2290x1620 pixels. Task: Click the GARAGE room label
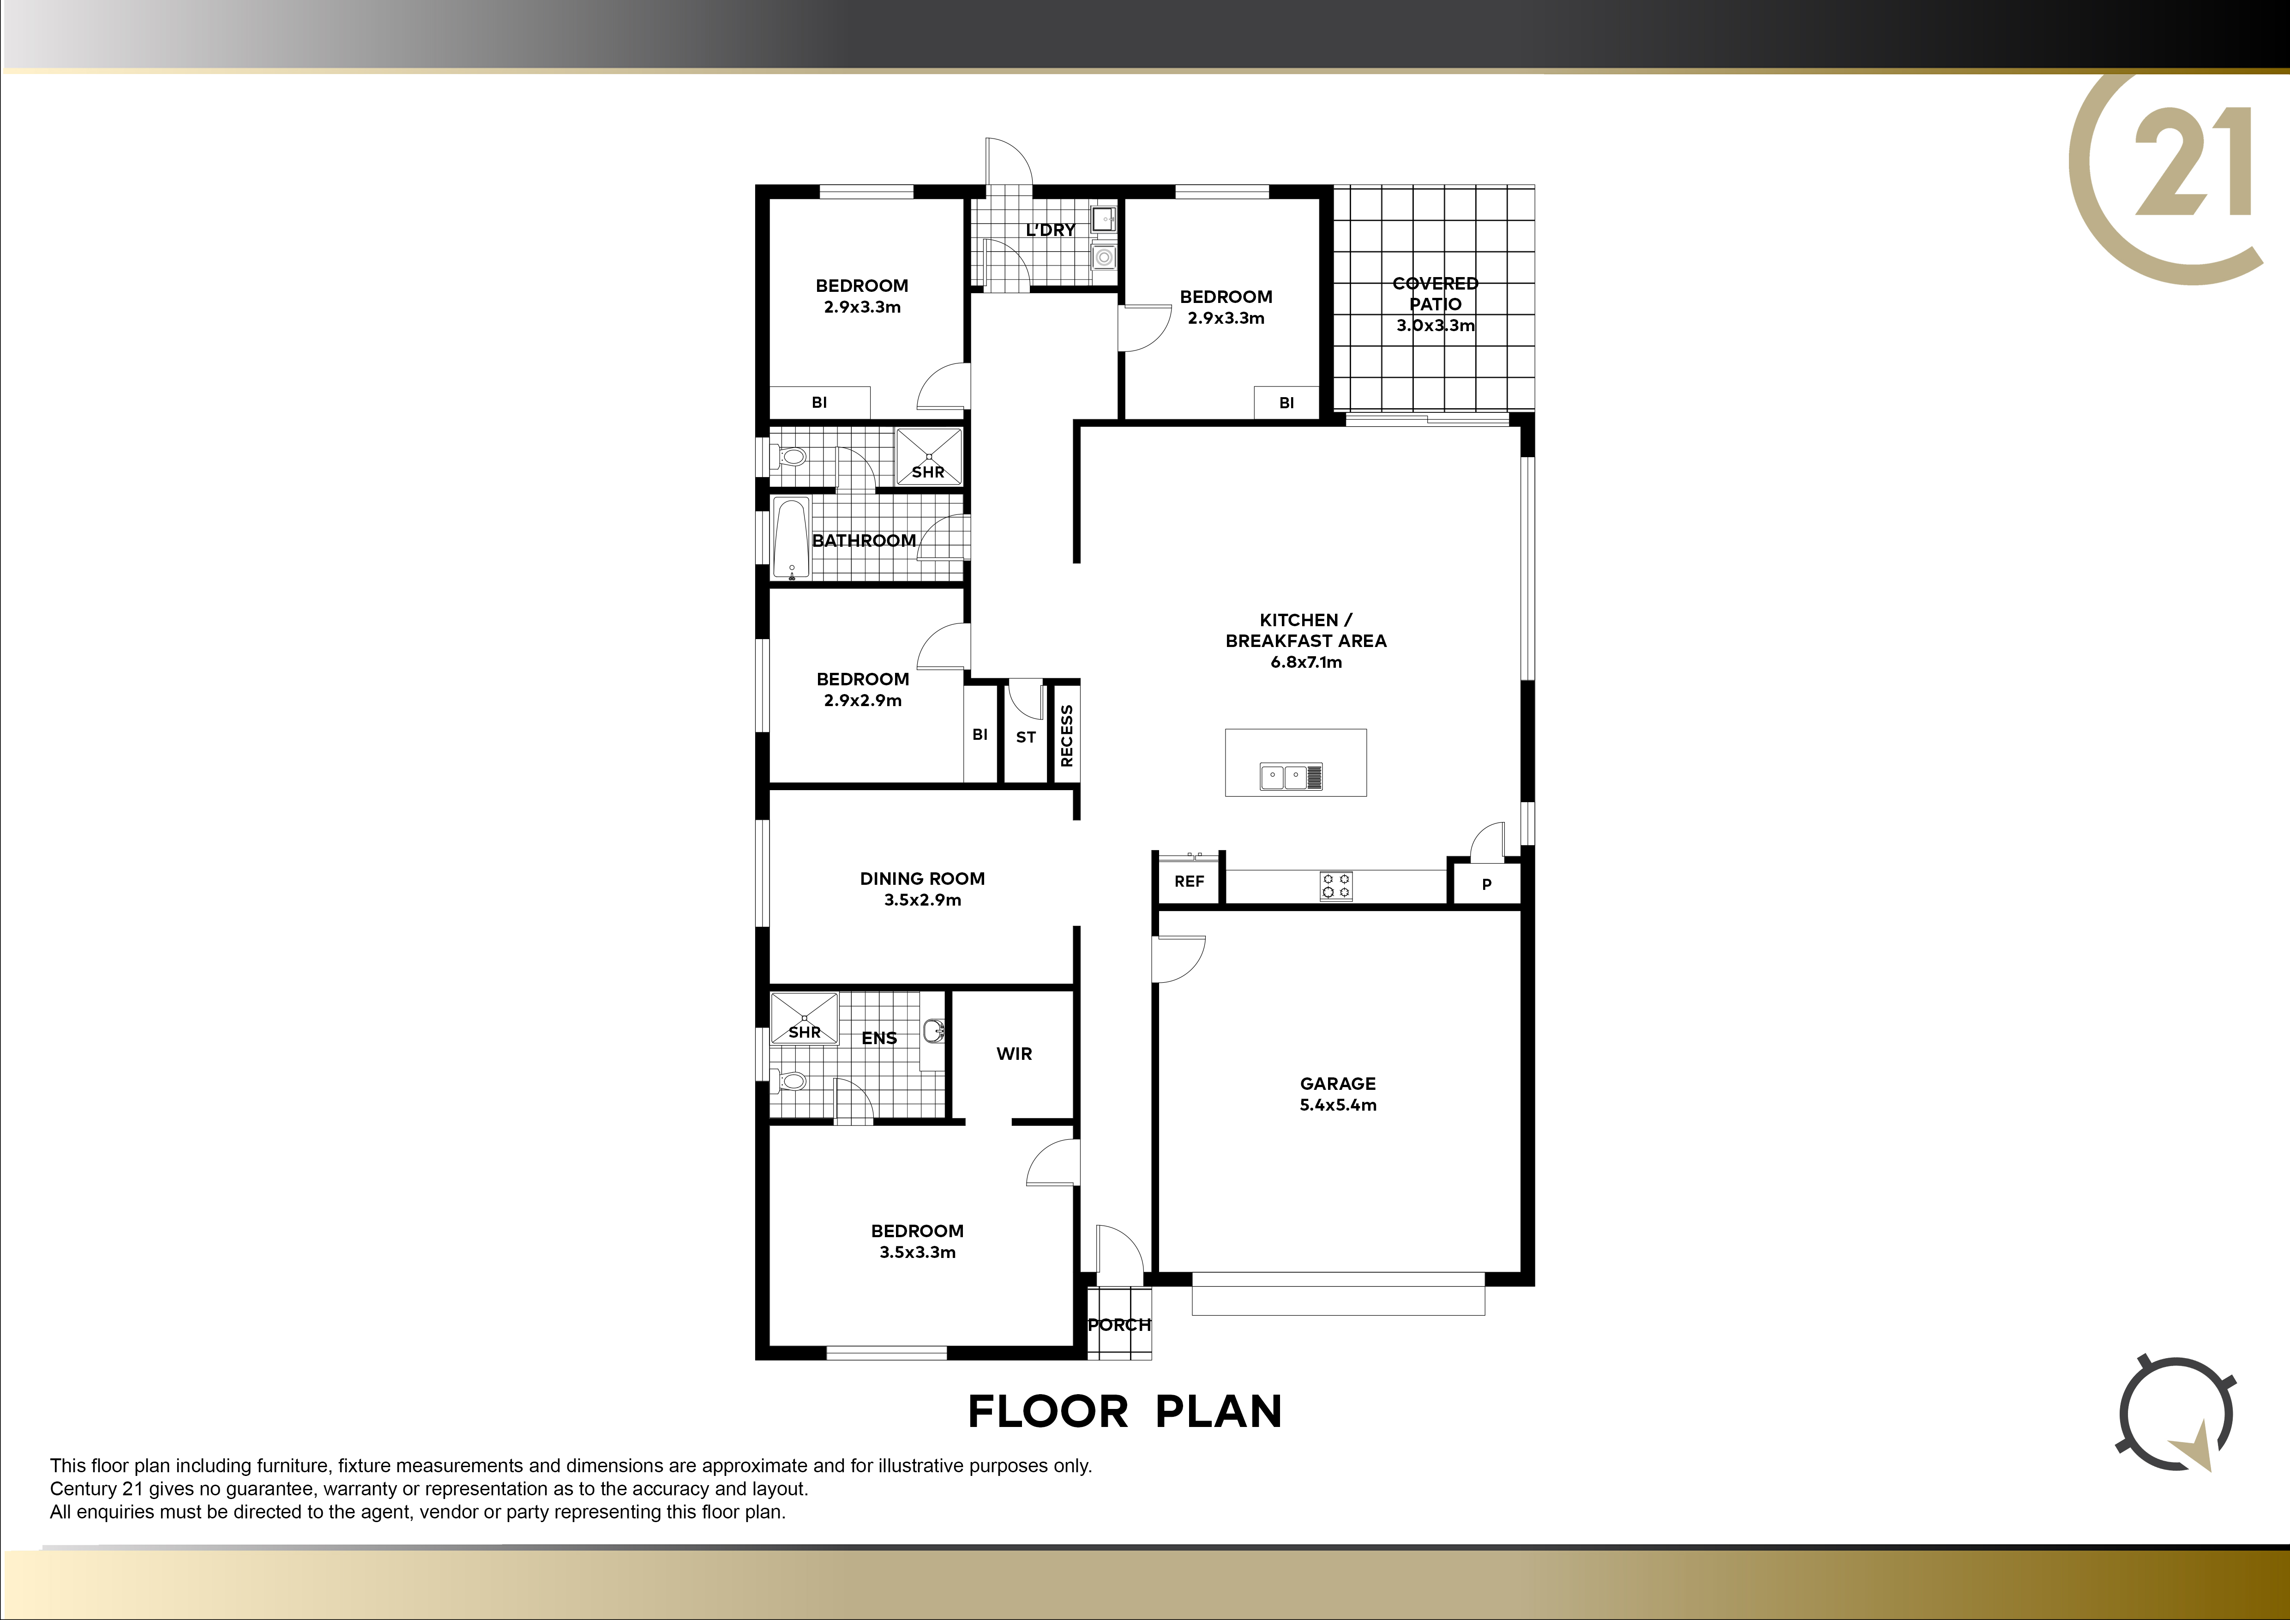pyautogui.click(x=1338, y=1083)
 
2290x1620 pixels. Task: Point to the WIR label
pyautogui.click(x=1014, y=1053)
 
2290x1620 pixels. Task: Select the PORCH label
pyautogui.click(x=1119, y=1325)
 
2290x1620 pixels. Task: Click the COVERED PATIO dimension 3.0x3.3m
pyautogui.click(x=1435, y=325)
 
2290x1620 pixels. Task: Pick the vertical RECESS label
pyautogui.click(x=1066, y=736)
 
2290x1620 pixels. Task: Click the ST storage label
pyautogui.click(x=1025, y=737)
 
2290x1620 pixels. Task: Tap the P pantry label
pyautogui.click(x=1486, y=884)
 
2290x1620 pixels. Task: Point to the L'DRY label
pyautogui.click(x=1050, y=230)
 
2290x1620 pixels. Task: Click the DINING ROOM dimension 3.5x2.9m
pyautogui.click(x=923, y=900)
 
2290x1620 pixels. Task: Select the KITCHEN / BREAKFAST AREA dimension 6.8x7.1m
pyautogui.click(x=1305, y=662)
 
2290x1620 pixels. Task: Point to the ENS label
pyautogui.click(x=879, y=1039)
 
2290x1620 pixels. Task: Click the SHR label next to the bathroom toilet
pyautogui.click(x=927, y=472)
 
